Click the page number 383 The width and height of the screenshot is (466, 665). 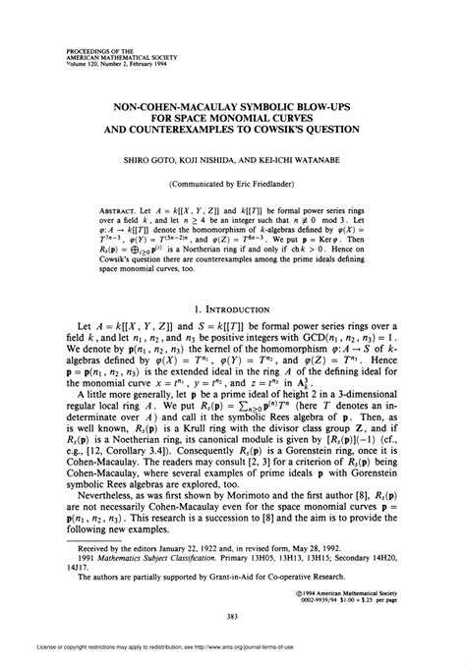[234, 617]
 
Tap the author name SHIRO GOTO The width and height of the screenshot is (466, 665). [168, 155]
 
